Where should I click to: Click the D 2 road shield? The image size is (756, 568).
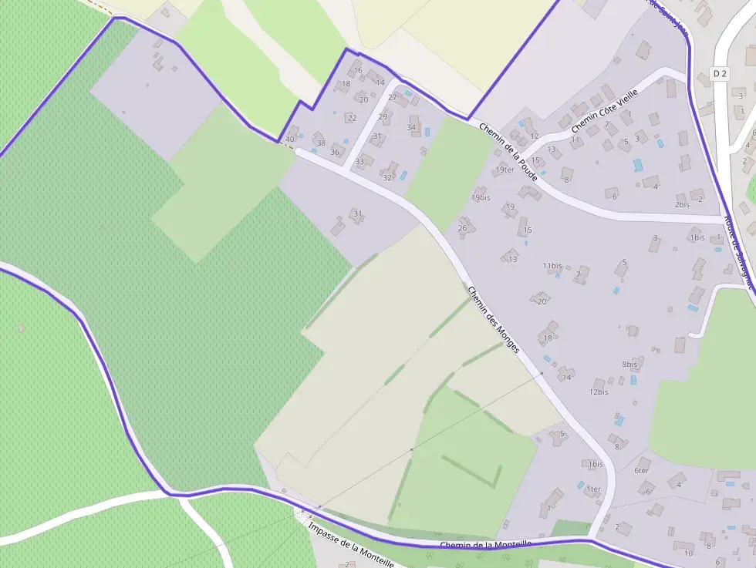tap(720, 73)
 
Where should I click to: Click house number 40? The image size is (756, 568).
tap(289, 139)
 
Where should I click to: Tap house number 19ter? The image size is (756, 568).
tap(505, 170)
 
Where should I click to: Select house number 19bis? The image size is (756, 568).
tap(481, 198)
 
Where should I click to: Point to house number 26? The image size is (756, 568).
tap(463, 228)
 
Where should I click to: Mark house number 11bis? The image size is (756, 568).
tap(552, 266)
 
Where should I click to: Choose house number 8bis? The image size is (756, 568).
tap(630, 364)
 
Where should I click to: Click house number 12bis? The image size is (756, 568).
tap(599, 392)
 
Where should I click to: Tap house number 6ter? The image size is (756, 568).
tap(642, 470)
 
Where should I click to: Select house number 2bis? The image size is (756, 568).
tap(682, 204)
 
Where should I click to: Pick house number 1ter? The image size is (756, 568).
tap(593, 489)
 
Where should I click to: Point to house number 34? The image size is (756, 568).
tap(412, 127)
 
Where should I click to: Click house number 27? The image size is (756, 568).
tap(393, 98)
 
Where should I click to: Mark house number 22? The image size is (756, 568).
tap(352, 118)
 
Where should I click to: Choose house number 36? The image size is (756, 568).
tap(335, 152)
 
